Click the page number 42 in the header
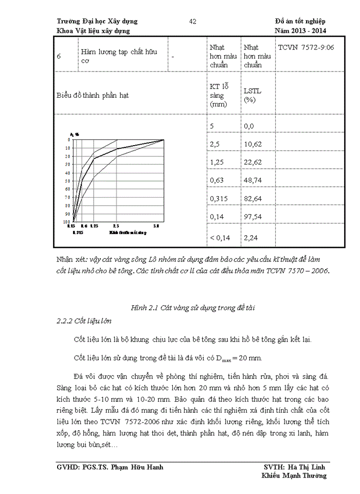pos(193,21)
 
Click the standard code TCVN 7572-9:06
pos(306,47)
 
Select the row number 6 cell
pos(59,56)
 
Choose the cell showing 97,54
pos(253,217)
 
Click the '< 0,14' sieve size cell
pos(220,237)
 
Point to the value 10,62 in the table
pos(253,144)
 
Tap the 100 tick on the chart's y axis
pos(66,222)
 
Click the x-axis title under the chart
pos(128,233)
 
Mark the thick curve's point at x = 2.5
pos(117,149)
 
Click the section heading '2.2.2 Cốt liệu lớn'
pos(84,322)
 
